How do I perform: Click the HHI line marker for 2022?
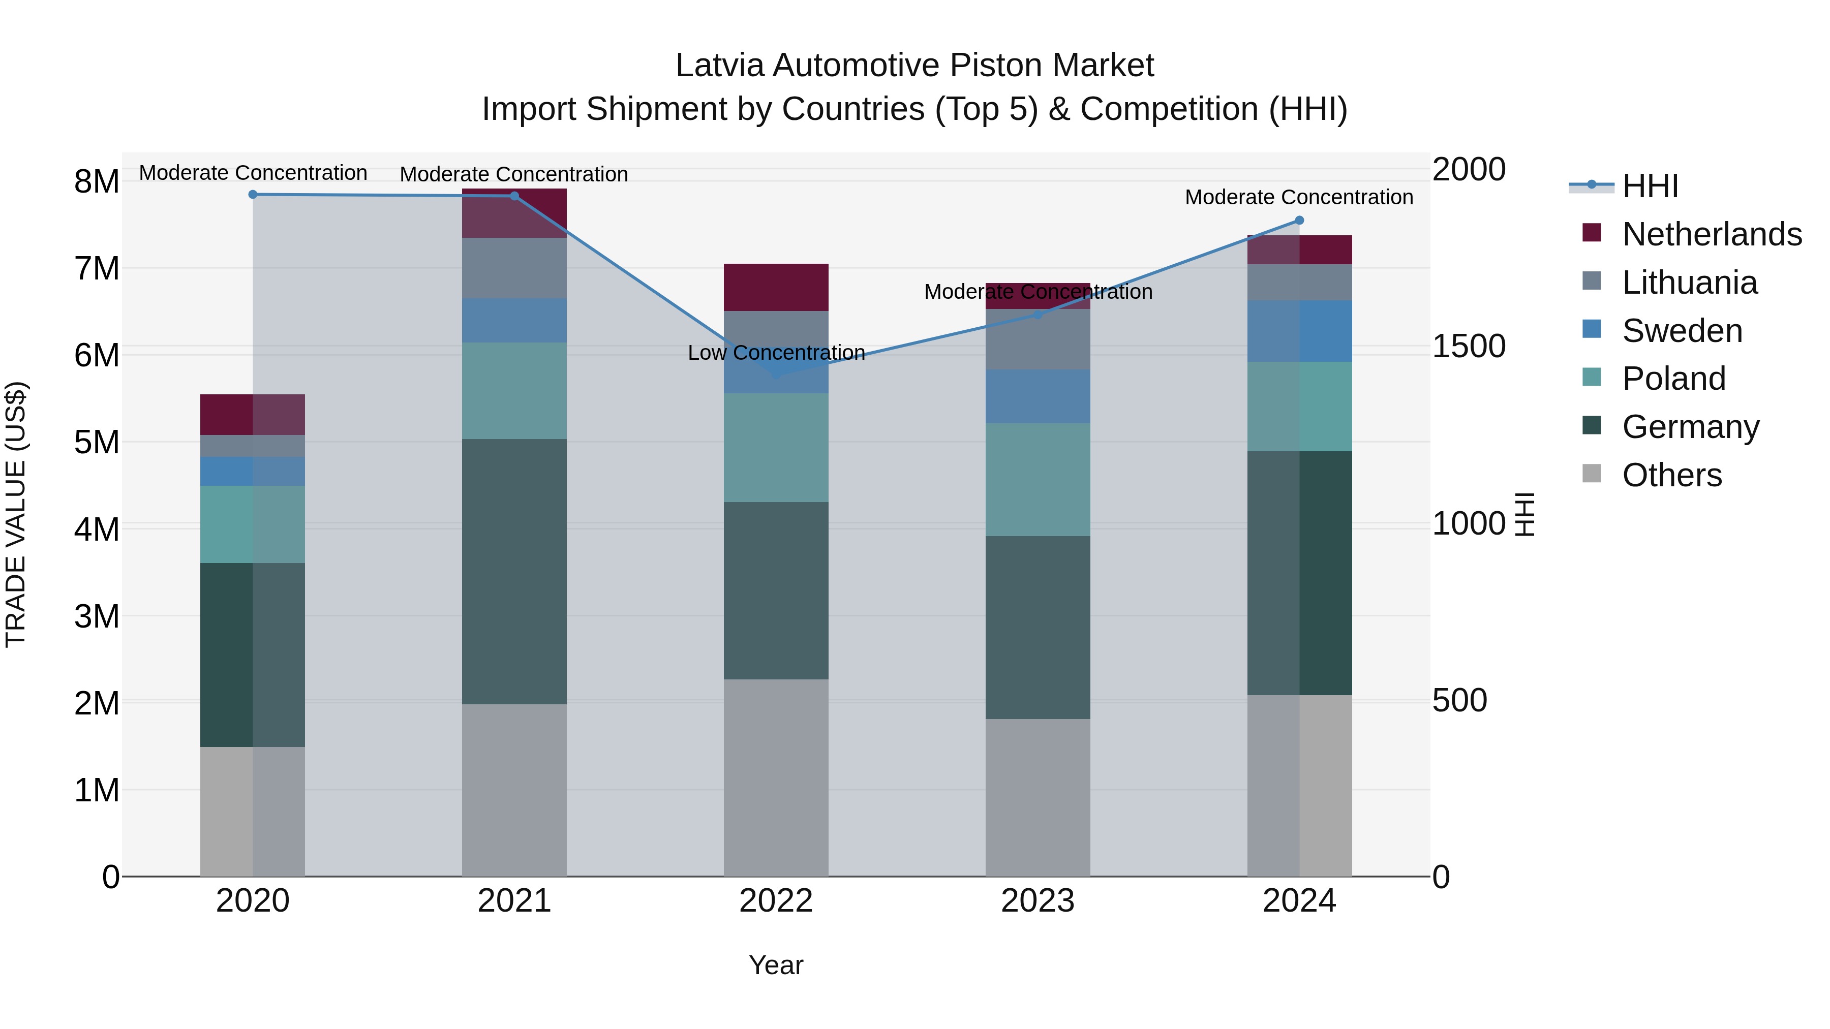[776, 374]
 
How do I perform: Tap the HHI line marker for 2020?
[253, 195]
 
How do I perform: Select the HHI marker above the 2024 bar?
[1299, 220]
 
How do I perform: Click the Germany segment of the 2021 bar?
[514, 572]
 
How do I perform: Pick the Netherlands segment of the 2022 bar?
[776, 288]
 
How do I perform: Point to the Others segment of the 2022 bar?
[776, 777]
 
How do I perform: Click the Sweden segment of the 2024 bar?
[1299, 331]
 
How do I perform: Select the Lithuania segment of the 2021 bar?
[514, 268]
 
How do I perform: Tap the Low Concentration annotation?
[776, 353]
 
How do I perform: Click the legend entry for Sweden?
[1682, 331]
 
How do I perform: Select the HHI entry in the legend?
[1650, 186]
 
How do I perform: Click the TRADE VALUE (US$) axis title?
[16, 514]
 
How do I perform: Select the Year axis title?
[776, 965]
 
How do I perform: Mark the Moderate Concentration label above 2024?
[1299, 198]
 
